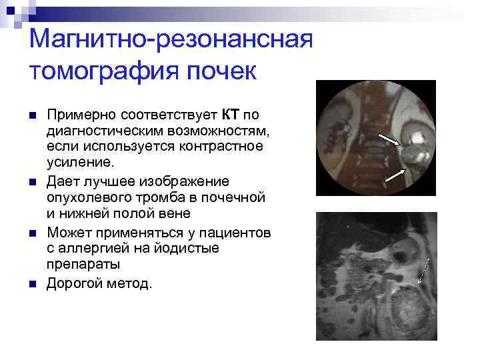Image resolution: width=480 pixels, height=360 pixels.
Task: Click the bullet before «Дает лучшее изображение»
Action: tap(32, 181)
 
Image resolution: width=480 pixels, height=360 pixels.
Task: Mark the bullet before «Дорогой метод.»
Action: tap(32, 283)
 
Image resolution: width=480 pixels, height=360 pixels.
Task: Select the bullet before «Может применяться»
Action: tap(32, 232)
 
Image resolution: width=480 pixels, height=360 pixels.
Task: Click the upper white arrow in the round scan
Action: tap(389, 138)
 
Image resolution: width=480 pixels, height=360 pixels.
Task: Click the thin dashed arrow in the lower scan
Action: tap(425, 269)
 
